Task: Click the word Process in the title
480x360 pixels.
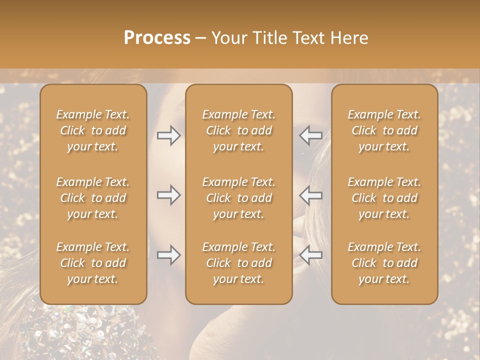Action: pyautogui.click(x=157, y=38)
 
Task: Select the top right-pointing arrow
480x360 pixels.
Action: pyautogui.click(x=169, y=135)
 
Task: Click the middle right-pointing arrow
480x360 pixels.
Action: pyautogui.click(x=169, y=195)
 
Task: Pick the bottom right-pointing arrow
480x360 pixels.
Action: pyautogui.click(x=169, y=255)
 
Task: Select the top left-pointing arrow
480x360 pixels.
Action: pyautogui.click(x=310, y=135)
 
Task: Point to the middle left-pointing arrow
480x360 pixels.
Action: pyautogui.click(x=310, y=195)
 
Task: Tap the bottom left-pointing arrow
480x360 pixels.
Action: pyautogui.click(x=310, y=255)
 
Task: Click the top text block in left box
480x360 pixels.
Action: pyautogui.click(x=93, y=130)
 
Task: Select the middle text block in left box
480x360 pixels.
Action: pyautogui.click(x=93, y=198)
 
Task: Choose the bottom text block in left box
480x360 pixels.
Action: pyautogui.click(x=93, y=263)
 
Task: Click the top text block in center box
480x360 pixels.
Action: pyautogui.click(x=238, y=130)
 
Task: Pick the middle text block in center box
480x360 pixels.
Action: pyautogui.click(x=238, y=198)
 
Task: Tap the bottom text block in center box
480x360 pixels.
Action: pyautogui.click(x=238, y=263)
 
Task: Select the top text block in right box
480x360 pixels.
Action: pyautogui.click(x=384, y=130)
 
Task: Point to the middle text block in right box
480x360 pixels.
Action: pyautogui.click(x=384, y=198)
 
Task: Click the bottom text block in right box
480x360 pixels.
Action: pyautogui.click(x=384, y=263)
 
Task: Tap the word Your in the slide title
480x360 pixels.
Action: pyautogui.click(x=228, y=38)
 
